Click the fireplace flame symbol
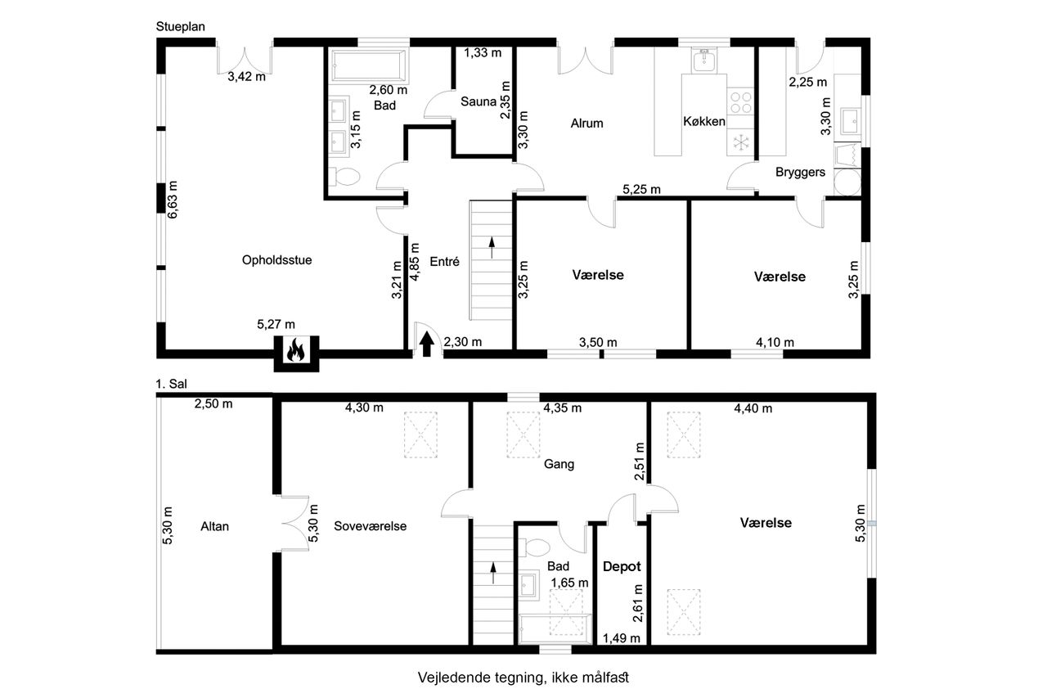click(x=295, y=350)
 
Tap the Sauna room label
click(x=479, y=101)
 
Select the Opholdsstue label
click(x=276, y=260)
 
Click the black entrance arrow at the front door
click(x=426, y=344)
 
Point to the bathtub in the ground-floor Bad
click(x=369, y=66)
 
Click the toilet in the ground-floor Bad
click(x=345, y=177)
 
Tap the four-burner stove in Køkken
click(x=741, y=103)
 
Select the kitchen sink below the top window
click(x=703, y=60)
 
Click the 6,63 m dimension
click(x=173, y=200)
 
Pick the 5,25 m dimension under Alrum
click(x=641, y=189)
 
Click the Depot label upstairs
click(x=621, y=566)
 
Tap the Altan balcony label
click(x=214, y=526)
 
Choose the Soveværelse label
click(x=371, y=526)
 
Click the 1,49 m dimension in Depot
click(x=621, y=638)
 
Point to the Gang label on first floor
click(x=559, y=464)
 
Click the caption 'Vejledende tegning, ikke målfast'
click(x=523, y=678)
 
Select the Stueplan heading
click(x=181, y=27)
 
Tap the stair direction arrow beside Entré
click(x=492, y=248)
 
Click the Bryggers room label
click(x=800, y=173)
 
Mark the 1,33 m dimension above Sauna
click(x=483, y=53)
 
